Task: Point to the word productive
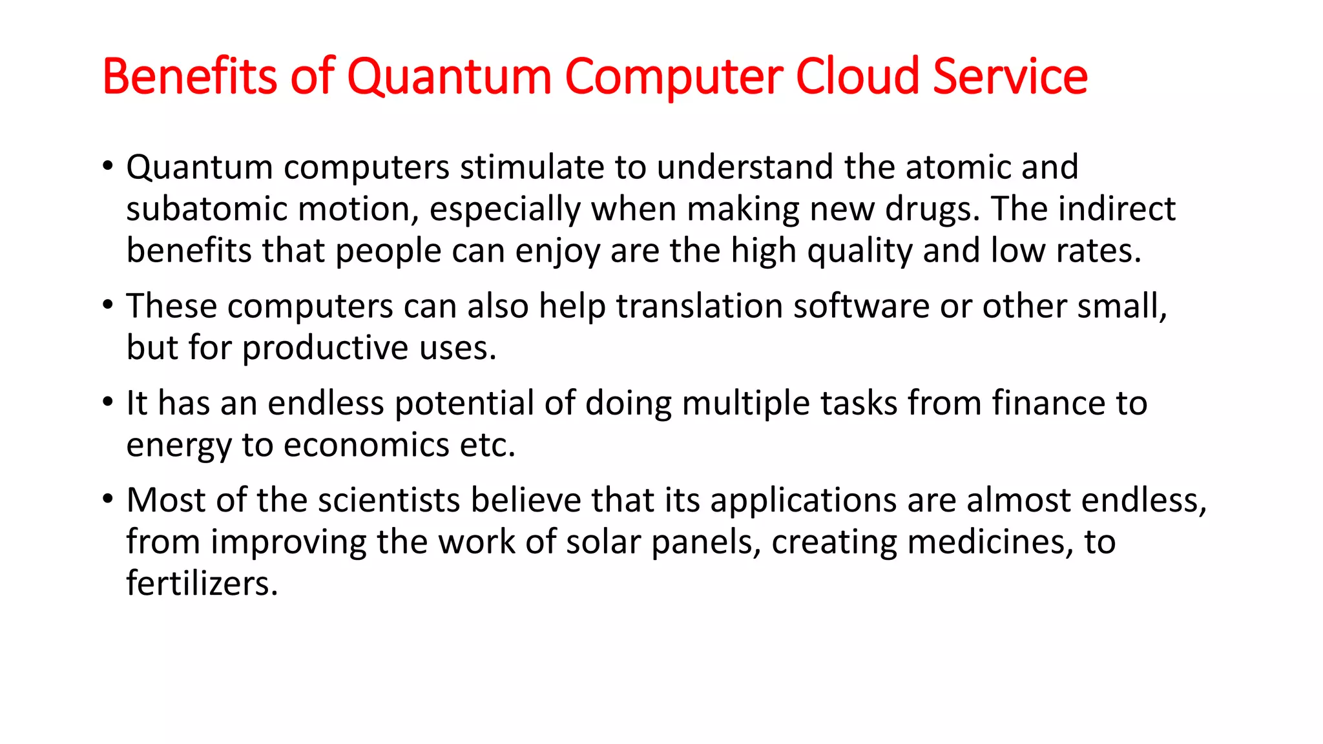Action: coord(326,348)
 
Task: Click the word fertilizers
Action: coord(202,584)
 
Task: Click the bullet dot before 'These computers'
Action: coord(108,305)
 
